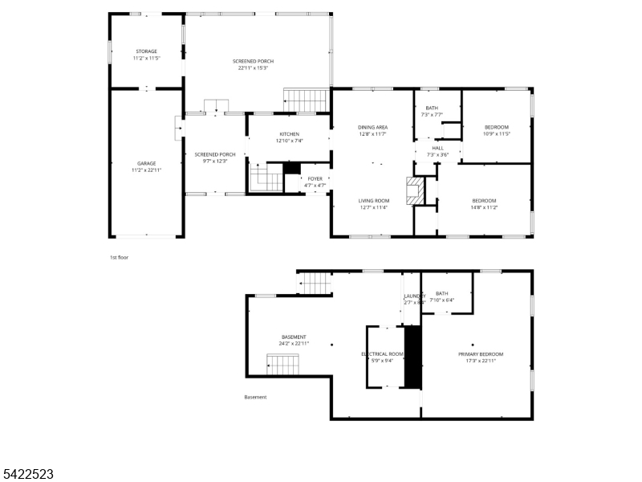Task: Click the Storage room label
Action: pyautogui.click(x=145, y=51)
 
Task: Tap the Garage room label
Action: pyautogui.click(x=145, y=163)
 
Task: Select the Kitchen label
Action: pyautogui.click(x=289, y=133)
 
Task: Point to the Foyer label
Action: pyautogui.click(x=315, y=178)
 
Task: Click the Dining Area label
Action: pyautogui.click(x=373, y=127)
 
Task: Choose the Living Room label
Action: pyautogui.click(x=373, y=200)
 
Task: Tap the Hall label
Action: pyautogui.click(x=437, y=148)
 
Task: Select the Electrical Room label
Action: pyautogui.click(x=382, y=353)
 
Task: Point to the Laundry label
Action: pyautogui.click(x=414, y=296)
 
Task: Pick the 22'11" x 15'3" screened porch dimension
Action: pyautogui.click(x=253, y=68)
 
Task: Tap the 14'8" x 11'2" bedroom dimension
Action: pyautogui.click(x=484, y=207)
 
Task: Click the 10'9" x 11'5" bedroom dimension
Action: pyautogui.click(x=497, y=133)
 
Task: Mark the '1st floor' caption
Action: pyautogui.click(x=119, y=257)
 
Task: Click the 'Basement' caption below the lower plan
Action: pyautogui.click(x=255, y=397)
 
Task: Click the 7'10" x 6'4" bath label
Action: pyautogui.click(x=441, y=300)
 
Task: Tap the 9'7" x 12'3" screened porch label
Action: pyautogui.click(x=215, y=161)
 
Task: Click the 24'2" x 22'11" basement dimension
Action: pyautogui.click(x=294, y=343)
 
